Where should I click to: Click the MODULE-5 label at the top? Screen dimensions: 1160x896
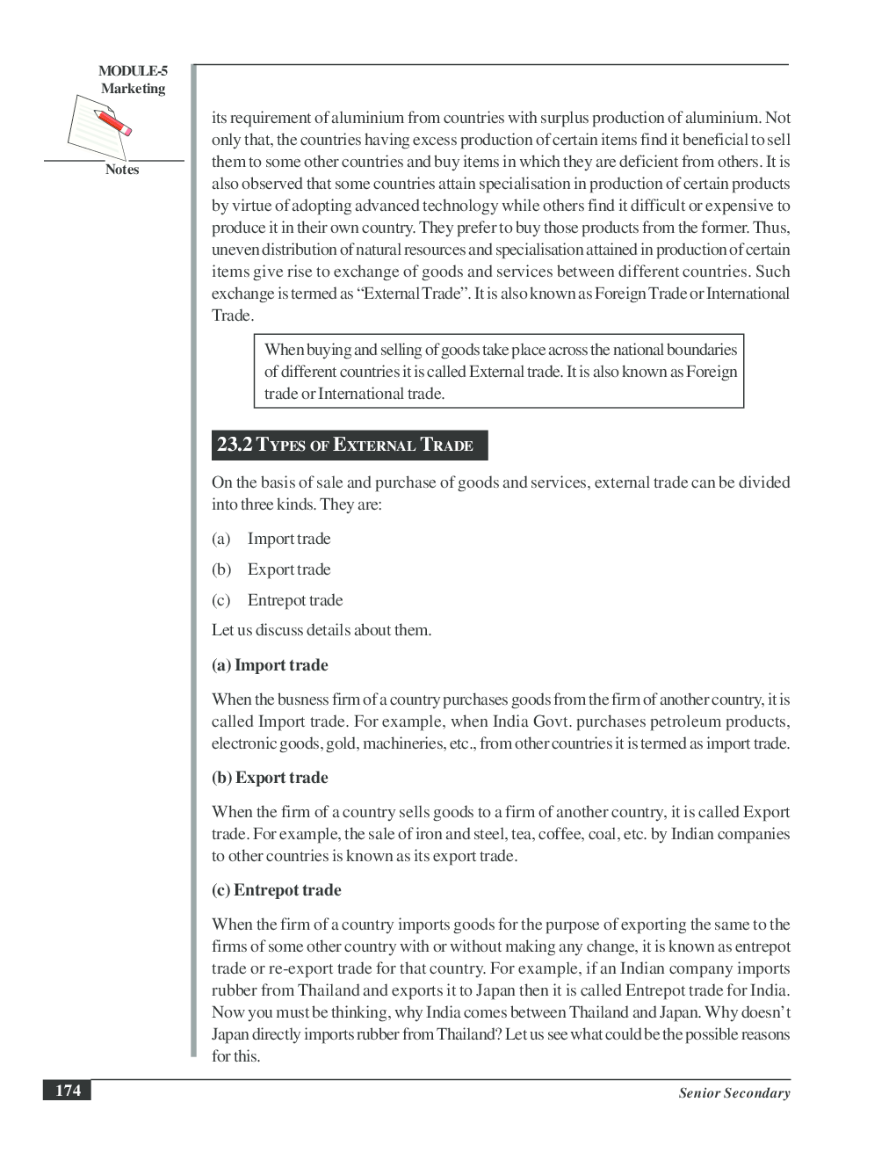pyautogui.click(x=133, y=71)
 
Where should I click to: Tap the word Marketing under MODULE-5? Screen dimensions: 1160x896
pyautogui.click(x=133, y=89)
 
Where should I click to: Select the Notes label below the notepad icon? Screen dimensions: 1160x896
pyautogui.click(x=122, y=170)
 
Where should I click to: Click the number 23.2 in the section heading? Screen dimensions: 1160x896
pyautogui.click(x=234, y=445)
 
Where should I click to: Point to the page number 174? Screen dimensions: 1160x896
pyautogui.click(x=68, y=1091)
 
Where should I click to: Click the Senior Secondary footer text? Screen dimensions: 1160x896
pyautogui.click(x=733, y=1093)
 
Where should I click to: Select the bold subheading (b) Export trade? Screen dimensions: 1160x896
pyautogui.click(x=270, y=778)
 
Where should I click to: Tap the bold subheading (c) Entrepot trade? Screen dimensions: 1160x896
pyautogui.click(x=276, y=890)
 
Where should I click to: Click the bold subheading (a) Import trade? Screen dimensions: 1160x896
pyautogui.click(x=270, y=665)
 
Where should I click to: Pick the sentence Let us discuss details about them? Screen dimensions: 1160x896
pyautogui.click(x=322, y=630)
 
